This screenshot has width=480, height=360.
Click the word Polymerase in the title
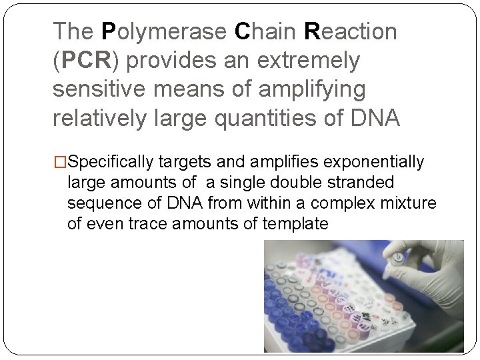click(x=164, y=31)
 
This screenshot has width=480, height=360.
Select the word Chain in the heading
click(x=265, y=31)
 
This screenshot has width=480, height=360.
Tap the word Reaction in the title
click(x=350, y=31)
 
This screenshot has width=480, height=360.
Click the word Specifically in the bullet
click(x=111, y=162)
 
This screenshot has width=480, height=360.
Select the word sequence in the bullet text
click(x=98, y=203)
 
